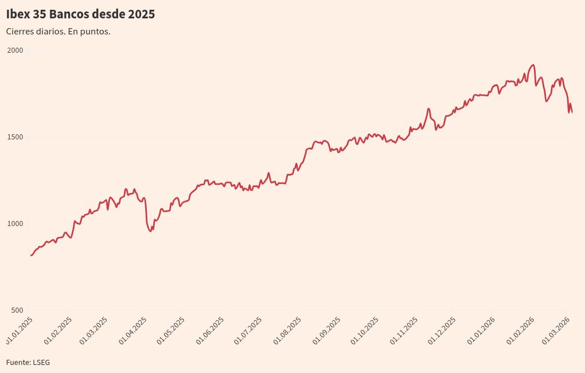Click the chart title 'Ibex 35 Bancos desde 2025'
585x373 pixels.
[x=80, y=14]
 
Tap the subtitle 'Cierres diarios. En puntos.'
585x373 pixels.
[x=58, y=32]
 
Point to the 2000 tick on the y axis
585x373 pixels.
[x=15, y=50]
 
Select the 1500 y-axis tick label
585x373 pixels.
[x=15, y=137]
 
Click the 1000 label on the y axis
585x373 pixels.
[x=15, y=224]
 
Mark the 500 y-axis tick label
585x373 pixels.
[x=17, y=310]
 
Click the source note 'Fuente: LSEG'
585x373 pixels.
[x=28, y=363]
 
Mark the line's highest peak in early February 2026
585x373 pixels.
[x=533, y=65]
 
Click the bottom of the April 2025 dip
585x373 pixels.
[x=150, y=231]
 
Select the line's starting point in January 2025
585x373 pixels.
[x=30, y=255]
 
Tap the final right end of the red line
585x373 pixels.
[x=572, y=112]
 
